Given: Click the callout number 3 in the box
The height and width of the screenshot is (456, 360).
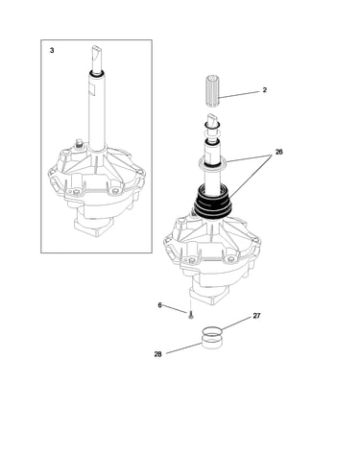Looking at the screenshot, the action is [x=52, y=50].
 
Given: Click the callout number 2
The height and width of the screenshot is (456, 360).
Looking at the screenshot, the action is [x=265, y=90].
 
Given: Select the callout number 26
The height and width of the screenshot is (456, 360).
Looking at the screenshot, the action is [x=279, y=152].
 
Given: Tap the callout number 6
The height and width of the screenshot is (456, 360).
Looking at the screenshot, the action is [x=160, y=305].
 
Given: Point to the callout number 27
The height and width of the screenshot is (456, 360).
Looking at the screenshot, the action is [x=256, y=316].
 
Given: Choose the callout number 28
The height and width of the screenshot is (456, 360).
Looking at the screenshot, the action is [x=158, y=354].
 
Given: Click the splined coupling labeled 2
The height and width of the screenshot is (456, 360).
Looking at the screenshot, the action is [x=212, y=91].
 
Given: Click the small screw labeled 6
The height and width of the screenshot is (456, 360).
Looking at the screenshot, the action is [x=191, y=316].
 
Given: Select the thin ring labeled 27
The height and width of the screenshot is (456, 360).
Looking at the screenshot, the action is [x=212, y=331].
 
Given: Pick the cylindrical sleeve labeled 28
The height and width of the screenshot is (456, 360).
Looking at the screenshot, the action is [x=212, y=342].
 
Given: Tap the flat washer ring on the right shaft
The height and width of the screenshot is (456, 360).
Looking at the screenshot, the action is [x=213, y=163].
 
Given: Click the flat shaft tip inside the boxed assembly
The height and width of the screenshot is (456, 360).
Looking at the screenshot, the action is [x=97, y=54].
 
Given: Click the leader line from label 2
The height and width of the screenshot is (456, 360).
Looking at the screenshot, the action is [x=239, y=94].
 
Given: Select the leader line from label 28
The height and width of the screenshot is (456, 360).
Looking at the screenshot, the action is [x=184, y=348].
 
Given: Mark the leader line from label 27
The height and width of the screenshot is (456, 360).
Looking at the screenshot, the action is [x=236, y=324].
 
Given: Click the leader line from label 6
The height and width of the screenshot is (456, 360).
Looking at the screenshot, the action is [x=176, y=309].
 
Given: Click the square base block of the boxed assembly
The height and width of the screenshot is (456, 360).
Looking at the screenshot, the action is [x=93, y=227].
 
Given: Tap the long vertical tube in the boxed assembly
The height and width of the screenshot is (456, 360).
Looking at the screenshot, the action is [x=97, y=110].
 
